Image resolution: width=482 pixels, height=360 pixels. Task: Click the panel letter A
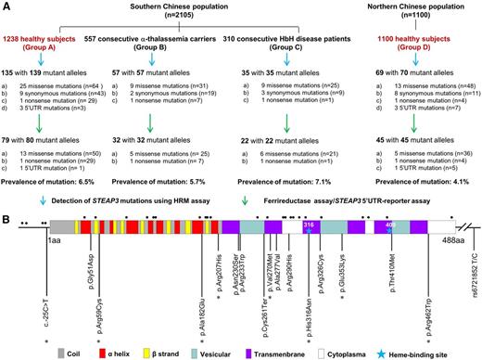[7, 6]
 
